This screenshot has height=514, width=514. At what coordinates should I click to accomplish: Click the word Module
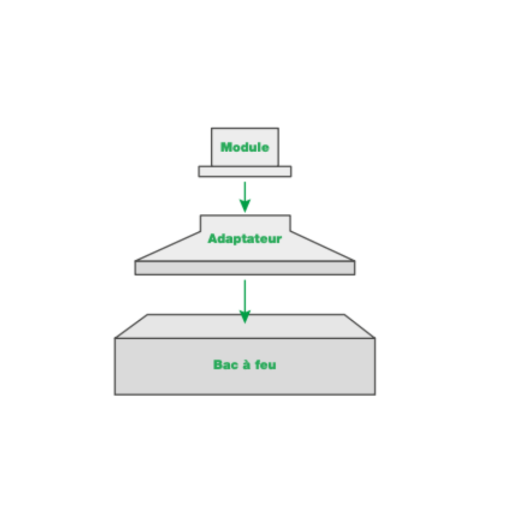pyautogui.click(x=245, y=147)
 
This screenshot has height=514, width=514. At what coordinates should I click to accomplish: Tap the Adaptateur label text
pyautogui.click(x=245, y=238)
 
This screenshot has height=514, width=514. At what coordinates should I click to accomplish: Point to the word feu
pyautogui.click(x=266, y=365)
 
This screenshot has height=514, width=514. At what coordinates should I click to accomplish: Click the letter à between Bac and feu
pyautogui.click(x=246, y=364)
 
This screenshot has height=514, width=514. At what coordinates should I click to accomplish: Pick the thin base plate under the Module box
pyautogui.click(x=245, y=172)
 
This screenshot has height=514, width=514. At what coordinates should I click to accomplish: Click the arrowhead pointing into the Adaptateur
pyautogui.click(x=245, y=206)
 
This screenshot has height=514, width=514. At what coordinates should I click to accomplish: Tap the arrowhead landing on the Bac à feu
pyautogui.click(x=245, y=317)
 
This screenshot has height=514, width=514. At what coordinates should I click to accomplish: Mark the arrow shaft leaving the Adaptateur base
pyautogui.click(x=245, y=295)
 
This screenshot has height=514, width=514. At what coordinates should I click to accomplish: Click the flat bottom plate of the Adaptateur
pyautogui.click(x=245, y=268)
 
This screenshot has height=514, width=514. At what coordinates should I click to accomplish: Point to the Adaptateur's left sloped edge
pyautogui.click(x=168, y=246)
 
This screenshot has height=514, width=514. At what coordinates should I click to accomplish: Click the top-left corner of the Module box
pyautogui.click(x=211, y=128)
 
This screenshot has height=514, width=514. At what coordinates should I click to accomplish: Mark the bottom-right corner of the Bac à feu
pyautogui.click(x=375, y=394)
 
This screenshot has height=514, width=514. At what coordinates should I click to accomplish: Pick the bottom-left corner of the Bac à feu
pyautogui.click(x=115, y=394)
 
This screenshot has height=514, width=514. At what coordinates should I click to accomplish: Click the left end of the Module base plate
pyautogui.click(x=198, y=172)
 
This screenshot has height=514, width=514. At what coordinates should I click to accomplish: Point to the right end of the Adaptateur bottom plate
pyautogui.click(x=355, y=268)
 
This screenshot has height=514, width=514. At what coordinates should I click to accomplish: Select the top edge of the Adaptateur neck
pyautogui.click(x=245, y=215)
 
